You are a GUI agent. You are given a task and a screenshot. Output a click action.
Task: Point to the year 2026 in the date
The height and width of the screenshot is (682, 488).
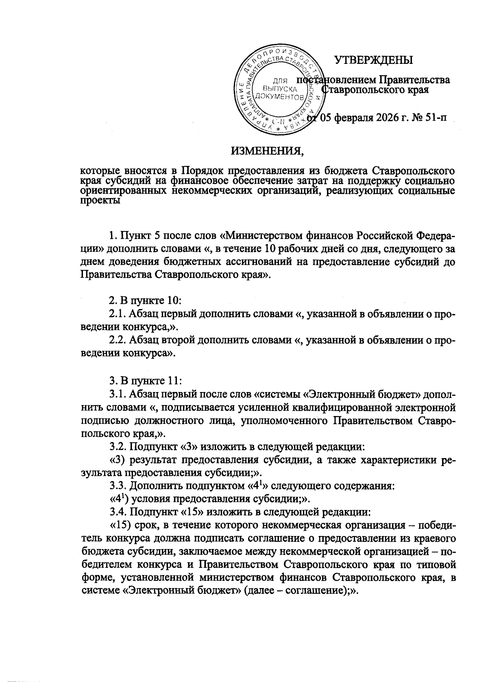tap(384, 118)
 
